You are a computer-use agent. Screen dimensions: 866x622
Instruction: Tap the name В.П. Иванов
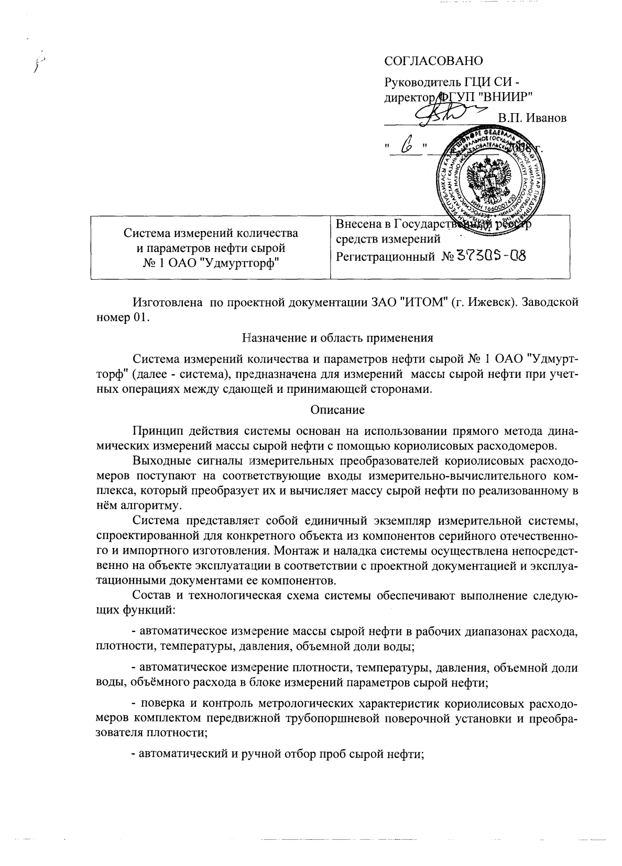(x=532, y=118)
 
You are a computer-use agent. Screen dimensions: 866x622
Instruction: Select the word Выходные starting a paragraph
(x=162, y=462)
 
